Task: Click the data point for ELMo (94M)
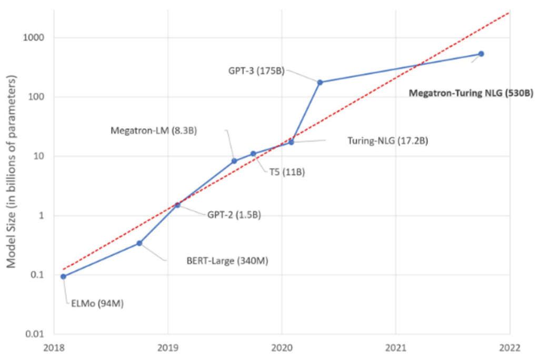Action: (x=64, y=276)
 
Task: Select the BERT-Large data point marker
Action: (x=139, y=243)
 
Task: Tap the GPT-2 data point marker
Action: (x=177, y=205)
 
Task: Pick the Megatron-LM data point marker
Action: (x=234, y=161)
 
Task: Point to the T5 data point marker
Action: (x=253, y=154)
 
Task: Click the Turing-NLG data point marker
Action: (x=291, y=142)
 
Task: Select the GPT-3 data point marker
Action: (x=320, y=82)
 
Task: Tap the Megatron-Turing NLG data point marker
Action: (x=481, y=54)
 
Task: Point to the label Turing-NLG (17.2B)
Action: (x=388, y=141)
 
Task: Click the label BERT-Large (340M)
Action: (x=227, y=260)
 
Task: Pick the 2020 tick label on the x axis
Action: (x=282, y=347)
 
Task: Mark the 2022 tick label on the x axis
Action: (x=510, y=347)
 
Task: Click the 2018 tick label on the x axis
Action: (x=54, y=347)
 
